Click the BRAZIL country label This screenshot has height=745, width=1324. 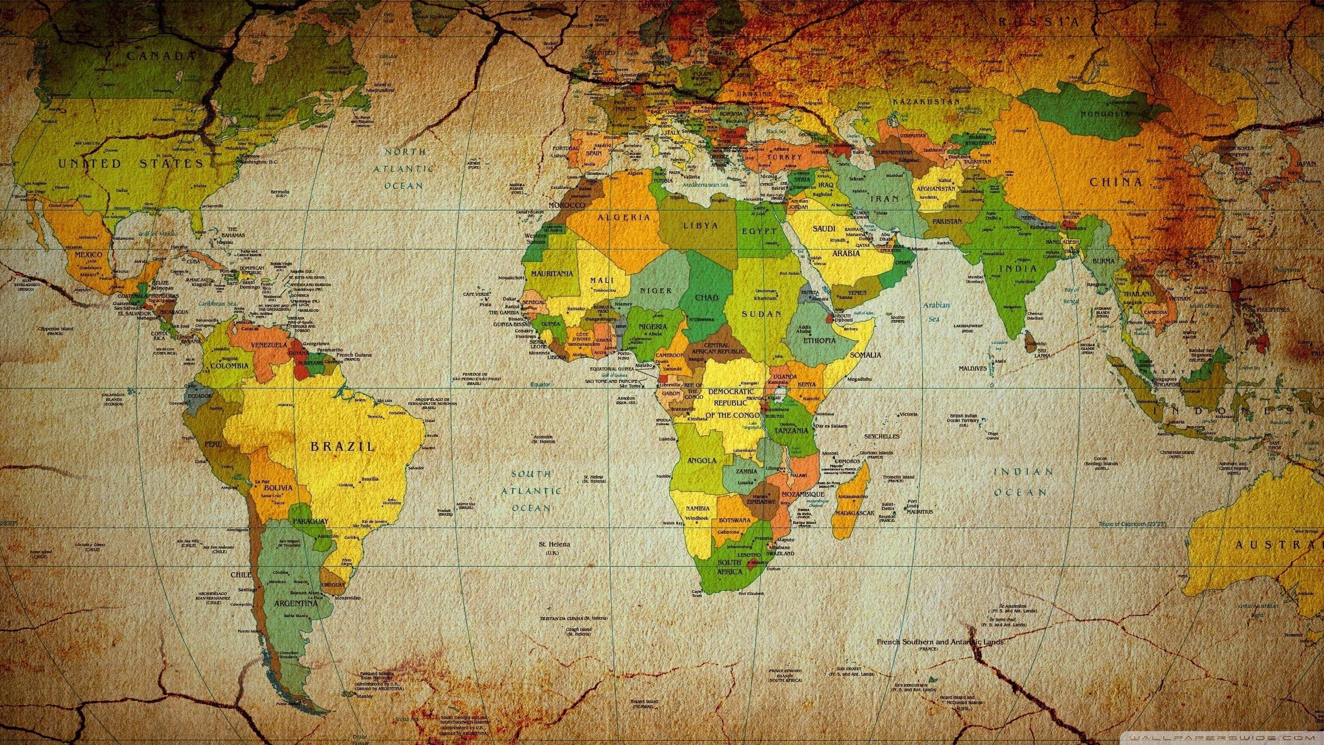click(342, 446)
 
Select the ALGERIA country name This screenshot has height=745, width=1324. click(624, 217)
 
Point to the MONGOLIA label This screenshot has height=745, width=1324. click(1106, 113)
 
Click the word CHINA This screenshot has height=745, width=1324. click(1116, 182)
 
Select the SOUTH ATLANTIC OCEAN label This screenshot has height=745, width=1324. click(531, 490)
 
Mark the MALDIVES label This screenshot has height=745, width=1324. click(973, 368)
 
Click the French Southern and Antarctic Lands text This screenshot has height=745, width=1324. click(940, 642)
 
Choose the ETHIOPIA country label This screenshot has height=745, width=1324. click(819, 340)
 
